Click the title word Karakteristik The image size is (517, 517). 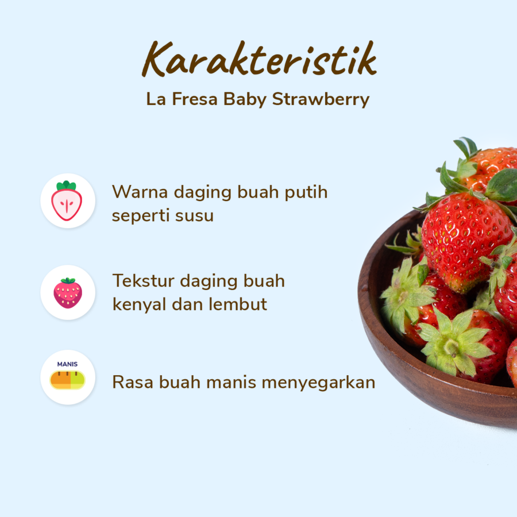click(258, 59)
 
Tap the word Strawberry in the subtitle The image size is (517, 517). click(321, 99)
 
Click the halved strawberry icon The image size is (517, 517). click(68, 201)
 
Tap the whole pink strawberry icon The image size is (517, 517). click(68, 292)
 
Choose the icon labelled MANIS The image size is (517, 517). click(68, 377)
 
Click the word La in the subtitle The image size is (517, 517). click(154, 99)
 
